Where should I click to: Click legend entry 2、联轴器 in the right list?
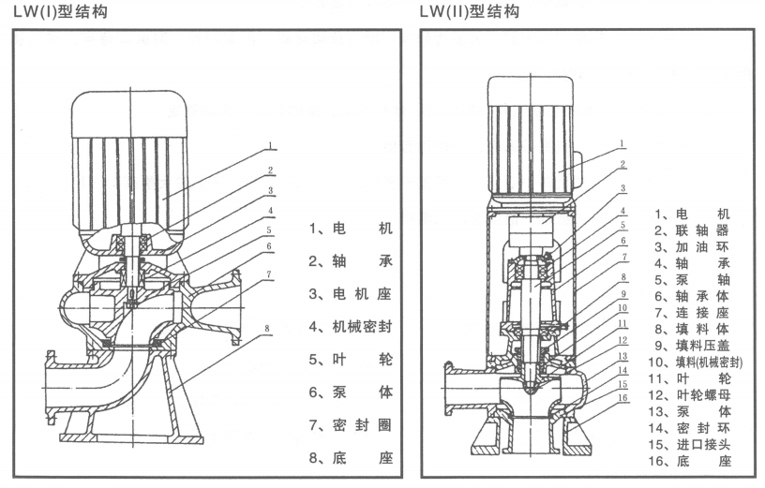(x=692, y=230)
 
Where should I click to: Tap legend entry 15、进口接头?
(x=692, y=445)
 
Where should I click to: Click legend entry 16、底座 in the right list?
(x=692, y=462)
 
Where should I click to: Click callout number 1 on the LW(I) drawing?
(x=268, y=146)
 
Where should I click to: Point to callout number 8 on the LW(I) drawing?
(x=268, y=329)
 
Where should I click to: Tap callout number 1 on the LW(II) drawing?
(x=622, y=144)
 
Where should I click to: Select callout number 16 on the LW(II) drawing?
(x=622, y=396)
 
